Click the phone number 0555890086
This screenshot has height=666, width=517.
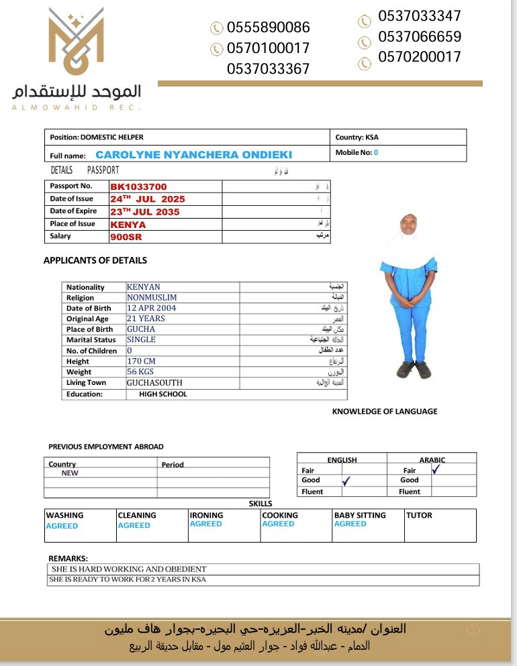click(269, 27)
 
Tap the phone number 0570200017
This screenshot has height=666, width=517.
click(420, 57)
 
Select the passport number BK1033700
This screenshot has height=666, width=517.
click(138, 186)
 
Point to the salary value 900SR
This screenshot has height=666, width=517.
click(126, 237)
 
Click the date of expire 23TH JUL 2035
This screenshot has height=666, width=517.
click(145, 212)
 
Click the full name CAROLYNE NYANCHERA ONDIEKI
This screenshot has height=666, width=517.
click(193, 155)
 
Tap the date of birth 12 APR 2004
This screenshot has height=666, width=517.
click(151, 308)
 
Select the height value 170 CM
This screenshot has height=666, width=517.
click(141, 361)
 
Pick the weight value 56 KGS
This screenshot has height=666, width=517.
click(141, 372)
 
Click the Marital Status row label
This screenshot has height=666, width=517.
click(92, 340)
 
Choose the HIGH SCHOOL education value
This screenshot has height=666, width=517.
click(163, 394)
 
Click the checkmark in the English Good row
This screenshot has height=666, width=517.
click(346, 480)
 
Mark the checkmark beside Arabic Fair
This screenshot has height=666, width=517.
click(435, 469)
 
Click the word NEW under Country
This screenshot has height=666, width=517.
click(70, 473)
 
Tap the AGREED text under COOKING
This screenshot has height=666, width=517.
click(278, 524)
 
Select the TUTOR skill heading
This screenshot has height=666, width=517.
click(419, 516)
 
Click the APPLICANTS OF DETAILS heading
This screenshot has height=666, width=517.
click(95, 260)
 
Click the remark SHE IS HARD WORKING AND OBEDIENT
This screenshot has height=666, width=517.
click(129, 569)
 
